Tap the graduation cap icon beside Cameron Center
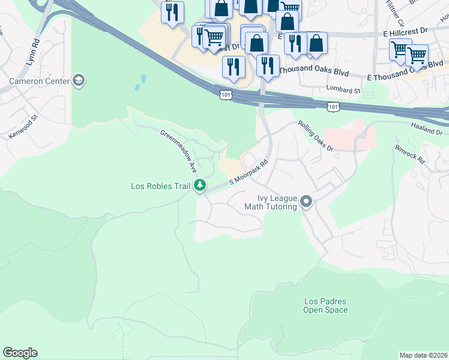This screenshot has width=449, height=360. [78, 80]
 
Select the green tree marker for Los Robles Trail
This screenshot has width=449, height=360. [200, 186]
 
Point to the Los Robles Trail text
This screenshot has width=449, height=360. [160, 186]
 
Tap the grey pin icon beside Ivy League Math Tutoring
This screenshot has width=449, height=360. [306, 202]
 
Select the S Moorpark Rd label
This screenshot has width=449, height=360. [248, 173]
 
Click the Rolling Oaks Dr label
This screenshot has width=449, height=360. [316, 135]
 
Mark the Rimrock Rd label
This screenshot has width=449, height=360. [410, 154]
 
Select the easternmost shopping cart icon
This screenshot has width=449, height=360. [416, 55]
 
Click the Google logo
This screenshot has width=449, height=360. [20, 353]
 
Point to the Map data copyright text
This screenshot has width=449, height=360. [423, 355]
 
